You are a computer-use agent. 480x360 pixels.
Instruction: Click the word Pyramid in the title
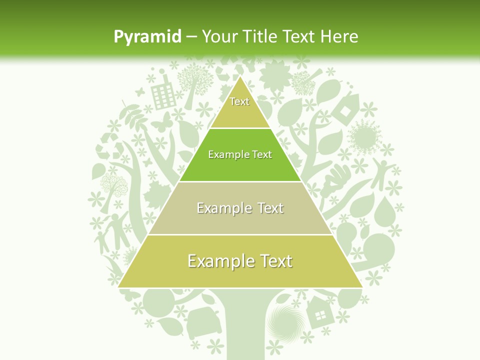point(147,37)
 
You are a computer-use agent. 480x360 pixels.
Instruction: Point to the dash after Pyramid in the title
point(191,37)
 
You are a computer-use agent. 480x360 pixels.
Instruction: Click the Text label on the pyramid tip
point(239,101)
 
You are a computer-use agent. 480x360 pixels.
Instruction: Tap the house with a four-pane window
point(318,312)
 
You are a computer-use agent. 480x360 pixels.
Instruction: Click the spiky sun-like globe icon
point(364,135)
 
